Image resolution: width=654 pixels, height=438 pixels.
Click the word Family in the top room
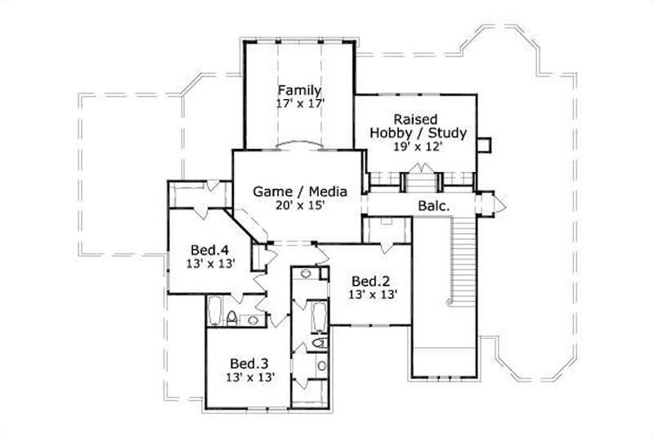pos(298,90)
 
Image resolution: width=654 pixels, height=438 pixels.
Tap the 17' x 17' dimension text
pos(299,104)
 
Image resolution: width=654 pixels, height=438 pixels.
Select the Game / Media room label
pos(299,192)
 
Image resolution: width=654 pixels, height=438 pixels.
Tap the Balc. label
pos(433,206)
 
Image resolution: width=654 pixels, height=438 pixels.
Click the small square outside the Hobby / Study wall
pos(483,144)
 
